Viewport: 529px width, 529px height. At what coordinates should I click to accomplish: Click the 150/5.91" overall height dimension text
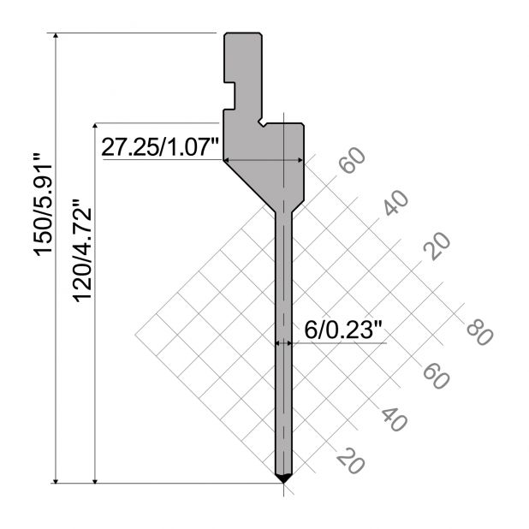point(43,205)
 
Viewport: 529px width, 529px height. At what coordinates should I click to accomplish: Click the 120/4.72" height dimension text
point(83,250)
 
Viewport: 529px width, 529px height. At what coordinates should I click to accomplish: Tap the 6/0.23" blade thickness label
point(343,330)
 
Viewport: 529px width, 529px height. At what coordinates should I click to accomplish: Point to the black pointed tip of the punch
point(283,478)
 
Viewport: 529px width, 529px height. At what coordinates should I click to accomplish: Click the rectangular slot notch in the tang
point(229,96)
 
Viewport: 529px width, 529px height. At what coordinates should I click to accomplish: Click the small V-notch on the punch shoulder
point(262,122)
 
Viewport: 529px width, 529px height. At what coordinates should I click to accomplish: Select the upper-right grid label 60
point(353,160)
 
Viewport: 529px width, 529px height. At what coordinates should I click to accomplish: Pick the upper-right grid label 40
point(395,203)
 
